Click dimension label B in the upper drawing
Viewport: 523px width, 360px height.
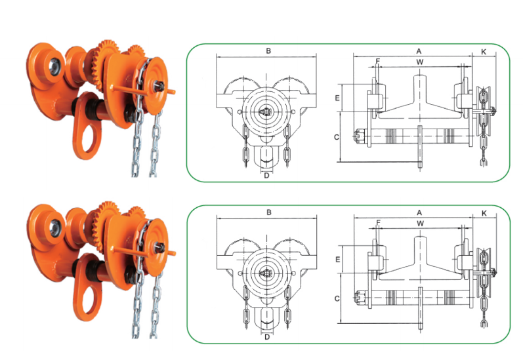click(x=268, y=50)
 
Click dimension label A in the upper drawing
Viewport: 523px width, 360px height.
click(x=418, y=50)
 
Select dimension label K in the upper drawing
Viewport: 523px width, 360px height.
click(x=484, y=50)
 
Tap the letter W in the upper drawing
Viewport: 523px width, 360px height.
click(x=419, y=62)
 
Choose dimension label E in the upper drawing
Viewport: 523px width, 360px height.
click(x=336, y=98)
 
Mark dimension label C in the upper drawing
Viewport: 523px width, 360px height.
click(x=336, y=136)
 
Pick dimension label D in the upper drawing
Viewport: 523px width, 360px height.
click(x=266, y=175)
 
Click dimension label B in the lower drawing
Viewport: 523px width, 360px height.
click(x=268, y=212)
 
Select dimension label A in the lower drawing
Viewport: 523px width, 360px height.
click(x=418, y=212)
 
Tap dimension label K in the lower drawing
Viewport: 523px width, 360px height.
click(x=484, y=213)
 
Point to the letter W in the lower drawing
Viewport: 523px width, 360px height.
click(x=419, y=224)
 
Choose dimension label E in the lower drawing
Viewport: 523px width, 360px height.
click(x=336, y=260)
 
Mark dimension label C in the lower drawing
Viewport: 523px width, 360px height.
click(x=336, y=298)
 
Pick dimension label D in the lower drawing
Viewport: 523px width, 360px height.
click(x=266, y=337)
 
